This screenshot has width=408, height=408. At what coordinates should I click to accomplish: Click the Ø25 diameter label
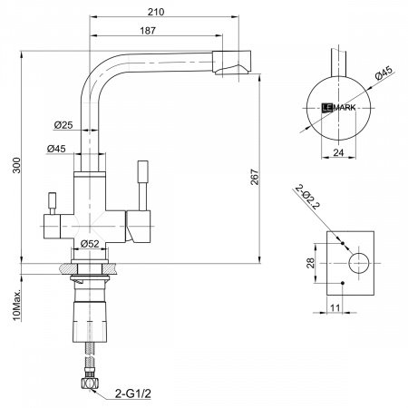click(63, 124)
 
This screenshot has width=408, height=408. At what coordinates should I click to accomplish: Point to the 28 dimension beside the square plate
click(311, 264)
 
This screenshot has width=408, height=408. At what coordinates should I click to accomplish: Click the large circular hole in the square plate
click(358, 264)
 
